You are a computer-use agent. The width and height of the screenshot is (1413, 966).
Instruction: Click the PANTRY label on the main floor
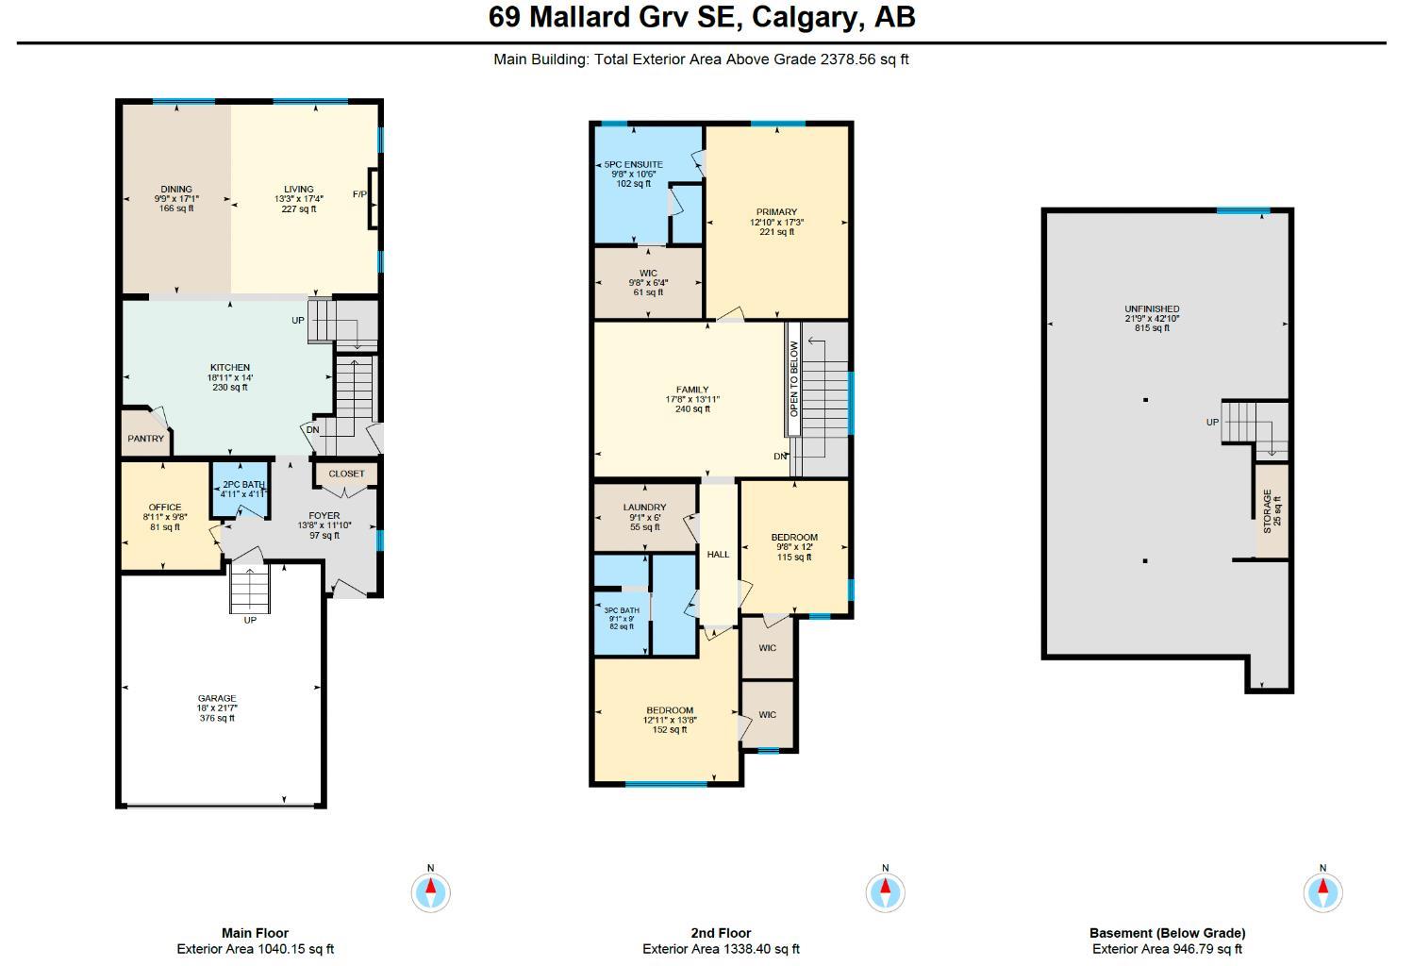pyautogui.click(x=145, y=439)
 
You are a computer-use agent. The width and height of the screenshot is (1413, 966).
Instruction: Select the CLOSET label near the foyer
pyautogui.click(x=346, y=474)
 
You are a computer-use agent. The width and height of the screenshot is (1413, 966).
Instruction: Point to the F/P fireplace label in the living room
pyautogui.click(x=359, y=194)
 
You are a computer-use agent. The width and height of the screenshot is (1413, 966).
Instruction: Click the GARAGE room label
pyautogui.click(x=217, y=699)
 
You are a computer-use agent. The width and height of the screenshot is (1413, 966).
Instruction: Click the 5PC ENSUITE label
pyautogui.click(x=634, y=164)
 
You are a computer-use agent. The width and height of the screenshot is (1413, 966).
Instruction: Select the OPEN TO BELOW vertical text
pyautogui.click(x=794, y=378)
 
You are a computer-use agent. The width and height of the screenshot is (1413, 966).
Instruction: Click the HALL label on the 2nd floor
pyautogui.click(x=718, y=555)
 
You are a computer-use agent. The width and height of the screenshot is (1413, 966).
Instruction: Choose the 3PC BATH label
pyautogui.click(x=622, y=610)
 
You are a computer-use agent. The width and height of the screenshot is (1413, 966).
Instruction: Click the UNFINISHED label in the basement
pyautogui.click(x=1152, y=308)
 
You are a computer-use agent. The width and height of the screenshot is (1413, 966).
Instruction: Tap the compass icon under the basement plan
pyautogui.click(x=1322, y=891)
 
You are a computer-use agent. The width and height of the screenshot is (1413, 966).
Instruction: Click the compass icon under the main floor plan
pyautogui.click(x=431, y=891)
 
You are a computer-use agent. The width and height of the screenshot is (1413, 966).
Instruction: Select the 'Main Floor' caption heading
pyautogui.click(x=255, y=933)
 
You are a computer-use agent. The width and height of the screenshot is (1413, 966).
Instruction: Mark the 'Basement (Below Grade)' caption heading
pyautogui.click(x=1167, y=933)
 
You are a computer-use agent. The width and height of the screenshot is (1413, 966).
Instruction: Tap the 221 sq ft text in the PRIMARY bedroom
pyautogui.click(x=776, y=232)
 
